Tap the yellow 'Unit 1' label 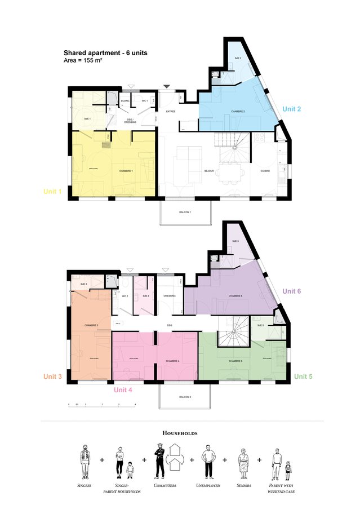[52, 192]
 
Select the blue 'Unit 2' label [292, 108]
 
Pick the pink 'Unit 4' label [123, 390]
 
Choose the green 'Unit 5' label [303, 376]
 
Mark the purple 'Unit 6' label [292, 291]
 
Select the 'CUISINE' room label [265, 170]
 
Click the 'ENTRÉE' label [171, 112]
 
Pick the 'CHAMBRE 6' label [235, 296]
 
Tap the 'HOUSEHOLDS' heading [180, 433]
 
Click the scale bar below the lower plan [101, 404]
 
